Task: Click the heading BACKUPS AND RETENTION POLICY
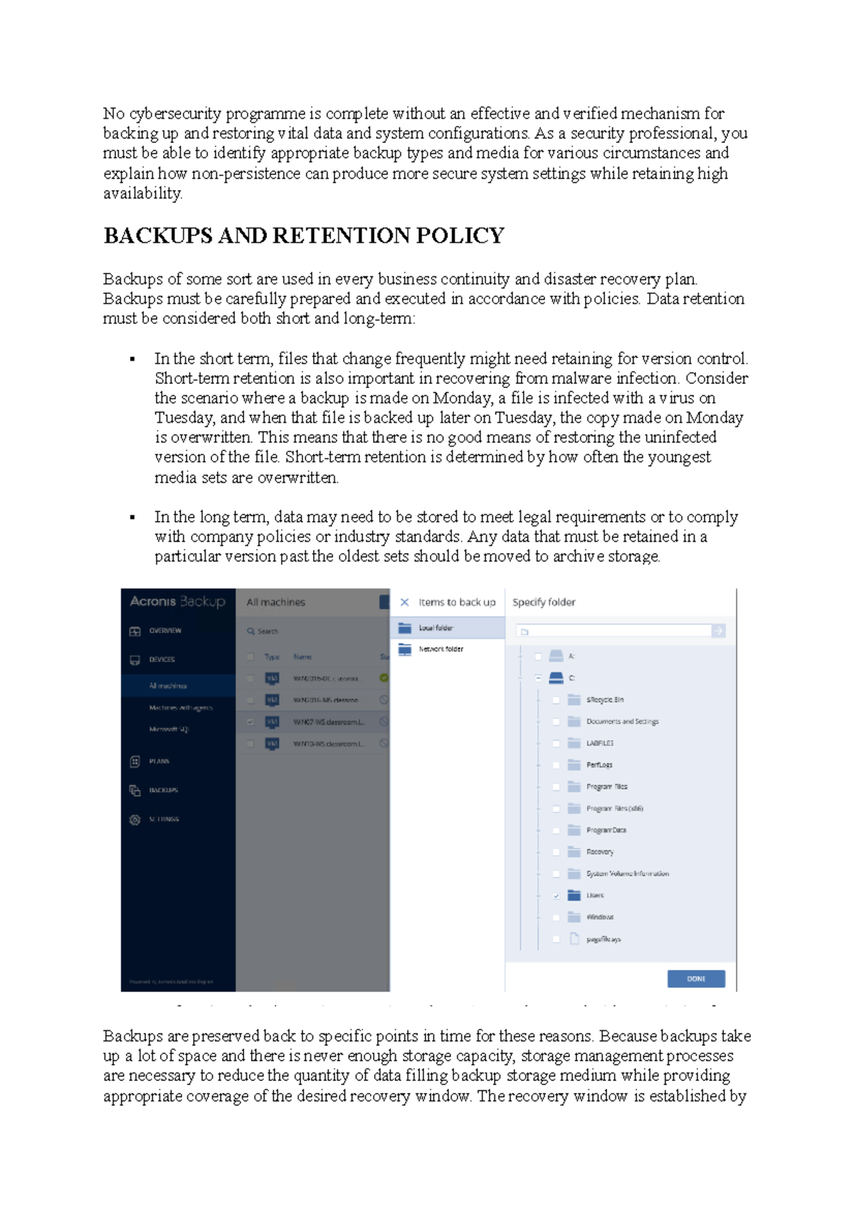[x=304, y=236]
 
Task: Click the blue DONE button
[x=695, y=978]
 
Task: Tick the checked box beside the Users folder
[x=557, y=896]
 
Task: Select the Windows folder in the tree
[x=599, y=917]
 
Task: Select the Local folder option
[x=436, y=628]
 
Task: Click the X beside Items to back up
[x=404, y=602]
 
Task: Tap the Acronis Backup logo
[x=177, y=602]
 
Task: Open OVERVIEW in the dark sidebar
[x=164, y=631]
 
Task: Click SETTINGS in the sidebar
[x=164, y=820]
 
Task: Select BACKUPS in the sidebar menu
[x=163, y=790]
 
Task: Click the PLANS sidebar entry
[x=159, y=761]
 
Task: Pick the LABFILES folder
[x=599, y=743]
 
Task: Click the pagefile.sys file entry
[x=603, y=939]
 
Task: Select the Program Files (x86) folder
[x=614, y=808]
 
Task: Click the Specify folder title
[x=544, y=602]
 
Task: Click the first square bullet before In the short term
[x=132, y=359]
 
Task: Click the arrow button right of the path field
[x=718, y=631]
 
